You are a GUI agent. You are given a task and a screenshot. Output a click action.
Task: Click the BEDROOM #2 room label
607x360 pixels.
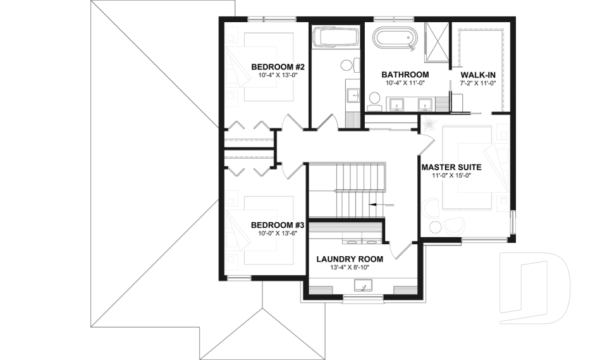(278, 67)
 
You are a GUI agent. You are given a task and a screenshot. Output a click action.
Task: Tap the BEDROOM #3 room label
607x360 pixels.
(278, 225)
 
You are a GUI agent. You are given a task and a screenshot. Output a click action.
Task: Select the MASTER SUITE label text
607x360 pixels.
(451, 168)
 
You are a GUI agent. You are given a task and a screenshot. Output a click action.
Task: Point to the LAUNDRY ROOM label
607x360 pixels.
(350, 259)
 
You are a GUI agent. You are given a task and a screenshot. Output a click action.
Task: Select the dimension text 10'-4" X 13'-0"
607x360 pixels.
(278, 75)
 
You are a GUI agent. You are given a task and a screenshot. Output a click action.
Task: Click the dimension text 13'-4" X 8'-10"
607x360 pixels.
(350, 268)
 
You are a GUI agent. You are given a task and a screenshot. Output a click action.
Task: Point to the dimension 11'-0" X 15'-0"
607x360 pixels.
(451, 176)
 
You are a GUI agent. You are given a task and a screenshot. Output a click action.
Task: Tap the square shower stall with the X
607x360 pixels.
(436, 43)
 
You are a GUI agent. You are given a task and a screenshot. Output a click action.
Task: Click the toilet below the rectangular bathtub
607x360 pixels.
(346, 65)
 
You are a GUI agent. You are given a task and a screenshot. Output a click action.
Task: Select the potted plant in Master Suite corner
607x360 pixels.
(432, 123)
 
